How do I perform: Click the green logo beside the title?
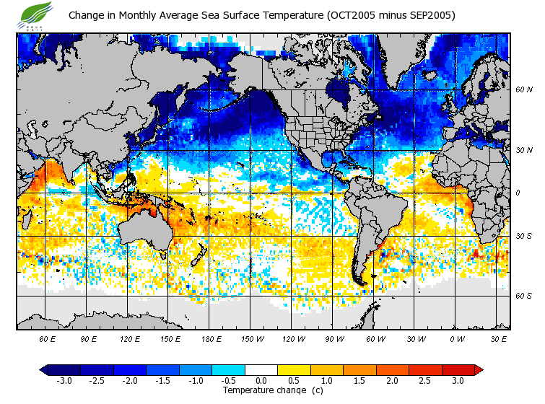(37, 13)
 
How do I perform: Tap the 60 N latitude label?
(524, 90)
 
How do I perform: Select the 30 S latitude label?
(524, 237)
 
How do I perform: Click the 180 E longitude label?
(211, 338)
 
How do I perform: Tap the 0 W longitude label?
(457, 338)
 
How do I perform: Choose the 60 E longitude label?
(48, 338)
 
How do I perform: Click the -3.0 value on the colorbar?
(64, 381)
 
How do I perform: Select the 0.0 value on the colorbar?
(261, 381)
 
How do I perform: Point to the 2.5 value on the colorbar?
(425, 381)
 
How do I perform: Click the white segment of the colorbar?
(261, 370)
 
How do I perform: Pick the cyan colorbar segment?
(228, 370)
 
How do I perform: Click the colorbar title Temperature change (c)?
(262, 390)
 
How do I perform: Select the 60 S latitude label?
(524, 296)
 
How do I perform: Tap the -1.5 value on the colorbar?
(162, 381)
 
